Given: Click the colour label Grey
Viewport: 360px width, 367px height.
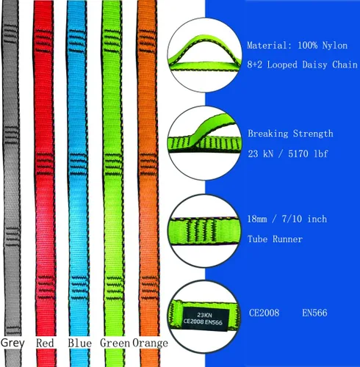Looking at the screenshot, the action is click(x=12, y=344).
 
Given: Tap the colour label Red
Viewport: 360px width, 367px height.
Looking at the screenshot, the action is click(x=45, y=343).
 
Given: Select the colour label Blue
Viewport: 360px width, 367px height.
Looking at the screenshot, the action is click(x=80, y=343).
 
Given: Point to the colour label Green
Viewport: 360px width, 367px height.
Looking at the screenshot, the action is click(x=115, y=343).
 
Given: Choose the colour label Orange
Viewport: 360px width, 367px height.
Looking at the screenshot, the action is click(x=151, y=344).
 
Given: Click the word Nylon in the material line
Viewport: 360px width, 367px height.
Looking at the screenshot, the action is click(x=335, y=46).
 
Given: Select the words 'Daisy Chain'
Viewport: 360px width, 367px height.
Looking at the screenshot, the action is click(x=330, y=65).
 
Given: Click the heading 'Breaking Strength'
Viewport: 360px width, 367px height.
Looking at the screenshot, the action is click(x=290, y=134).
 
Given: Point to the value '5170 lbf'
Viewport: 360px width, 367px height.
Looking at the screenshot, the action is click(x=308, y=153).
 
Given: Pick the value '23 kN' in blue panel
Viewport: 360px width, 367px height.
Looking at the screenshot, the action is click(x=260, y=153).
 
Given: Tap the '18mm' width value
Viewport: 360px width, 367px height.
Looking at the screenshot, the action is click(x=257, y=219).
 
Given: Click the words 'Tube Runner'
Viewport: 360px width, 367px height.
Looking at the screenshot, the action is click(x=275, y=239).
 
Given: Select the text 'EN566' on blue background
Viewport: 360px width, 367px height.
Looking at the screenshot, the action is click(x=314, y=313).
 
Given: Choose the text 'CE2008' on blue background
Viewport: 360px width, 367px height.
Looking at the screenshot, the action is click(x=264, y=313).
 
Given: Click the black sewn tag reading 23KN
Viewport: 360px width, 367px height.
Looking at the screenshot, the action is click(x=206, y=318).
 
